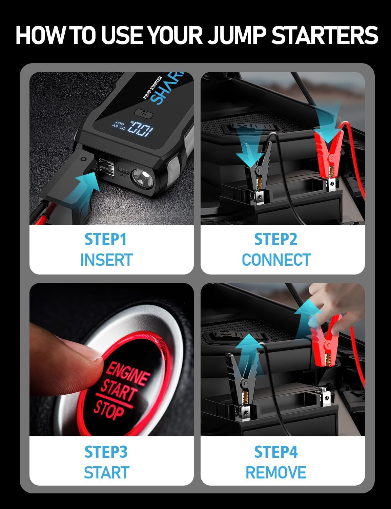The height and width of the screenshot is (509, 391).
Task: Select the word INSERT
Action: (106, 260)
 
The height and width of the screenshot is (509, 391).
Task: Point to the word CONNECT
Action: (276, 260)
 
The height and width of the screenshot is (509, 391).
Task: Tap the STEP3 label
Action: (106, 452)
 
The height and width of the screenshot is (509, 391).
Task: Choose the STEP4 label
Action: (276, 452)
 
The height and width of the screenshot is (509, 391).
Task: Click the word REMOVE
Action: (276, 472)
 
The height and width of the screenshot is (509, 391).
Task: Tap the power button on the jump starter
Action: (144, 113)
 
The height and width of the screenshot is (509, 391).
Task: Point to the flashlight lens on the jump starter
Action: (142, 177)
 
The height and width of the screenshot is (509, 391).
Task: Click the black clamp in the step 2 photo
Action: (261, 163)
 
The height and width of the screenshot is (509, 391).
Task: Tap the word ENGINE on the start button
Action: (128, 374)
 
